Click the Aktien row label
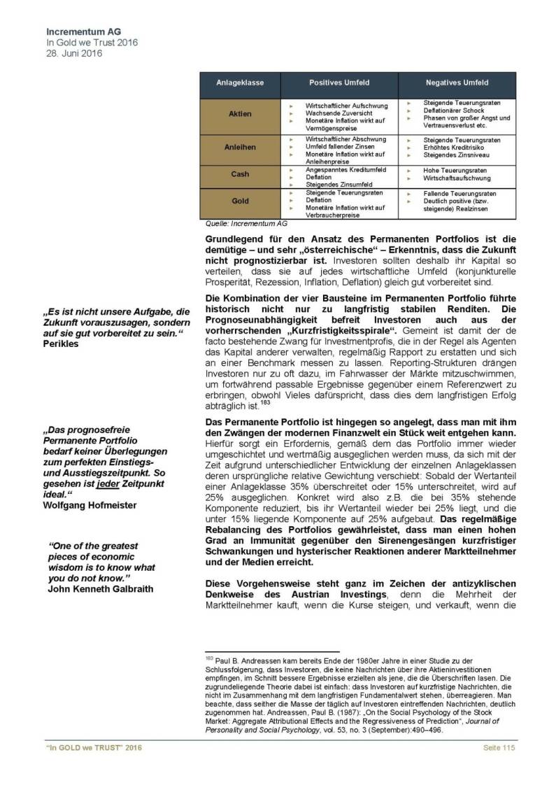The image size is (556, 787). [240, 113]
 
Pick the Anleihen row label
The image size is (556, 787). [240, 148]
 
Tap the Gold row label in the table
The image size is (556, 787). [240, 201]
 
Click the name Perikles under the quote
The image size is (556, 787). [63, 345]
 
